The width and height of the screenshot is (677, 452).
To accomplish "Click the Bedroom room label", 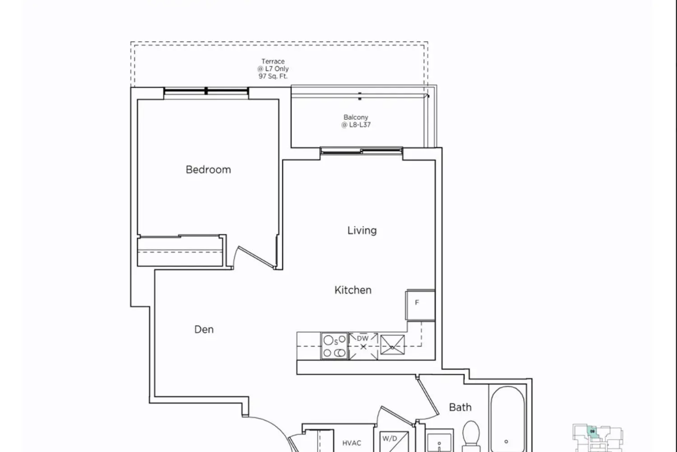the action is tap(208, 169).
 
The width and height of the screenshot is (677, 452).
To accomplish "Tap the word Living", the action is tap(362, 231).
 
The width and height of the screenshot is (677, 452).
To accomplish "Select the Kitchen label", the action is tap(352, 290).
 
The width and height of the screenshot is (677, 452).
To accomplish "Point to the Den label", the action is tap(204, 330).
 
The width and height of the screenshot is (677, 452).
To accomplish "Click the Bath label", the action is tap(460, 407).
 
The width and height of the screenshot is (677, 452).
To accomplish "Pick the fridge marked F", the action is tap(420, 305).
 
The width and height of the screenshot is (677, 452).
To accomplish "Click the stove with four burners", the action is tap(334, 346).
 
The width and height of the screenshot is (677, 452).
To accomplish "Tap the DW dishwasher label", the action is tap(363, 339).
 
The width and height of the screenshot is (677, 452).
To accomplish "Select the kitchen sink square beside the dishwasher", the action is tap(392, 344).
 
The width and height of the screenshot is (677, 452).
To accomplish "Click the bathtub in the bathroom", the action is tap(508, 419).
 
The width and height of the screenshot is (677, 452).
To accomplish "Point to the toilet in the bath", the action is tap(471, 436).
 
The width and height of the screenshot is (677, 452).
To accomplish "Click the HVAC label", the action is tap(352, 443).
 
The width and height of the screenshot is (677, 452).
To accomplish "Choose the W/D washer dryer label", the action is tap(390, 438).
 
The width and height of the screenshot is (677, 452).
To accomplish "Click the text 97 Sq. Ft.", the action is tap(273, 76).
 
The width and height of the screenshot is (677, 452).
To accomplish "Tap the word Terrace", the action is tap(273, 61).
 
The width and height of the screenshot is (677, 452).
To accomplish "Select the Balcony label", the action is tap(356, 117).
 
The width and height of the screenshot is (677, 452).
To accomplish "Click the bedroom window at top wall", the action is tap(206, 91).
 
